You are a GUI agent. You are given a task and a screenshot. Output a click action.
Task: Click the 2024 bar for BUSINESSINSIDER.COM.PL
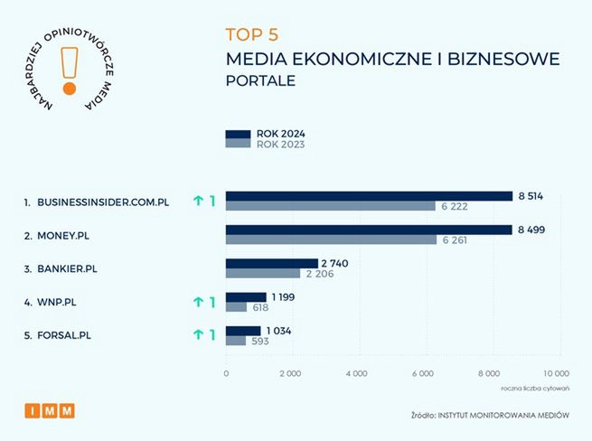tap(369, 196)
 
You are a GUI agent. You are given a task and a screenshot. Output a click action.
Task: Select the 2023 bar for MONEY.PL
tap(331, 240)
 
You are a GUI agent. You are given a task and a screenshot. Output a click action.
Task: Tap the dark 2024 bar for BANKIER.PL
tap(271, 263)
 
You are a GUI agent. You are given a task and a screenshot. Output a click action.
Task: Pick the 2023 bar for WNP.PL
tap(235, 307)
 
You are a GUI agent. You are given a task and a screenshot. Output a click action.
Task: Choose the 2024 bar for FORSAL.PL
tap(242, 331)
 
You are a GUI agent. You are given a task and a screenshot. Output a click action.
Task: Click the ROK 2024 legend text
tap(281, 134)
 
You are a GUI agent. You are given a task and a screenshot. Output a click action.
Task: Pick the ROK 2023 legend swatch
tap(238, 144)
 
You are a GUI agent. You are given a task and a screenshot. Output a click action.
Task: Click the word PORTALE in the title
tap(260, 81)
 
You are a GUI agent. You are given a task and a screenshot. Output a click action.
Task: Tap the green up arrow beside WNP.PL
tap(198, 302)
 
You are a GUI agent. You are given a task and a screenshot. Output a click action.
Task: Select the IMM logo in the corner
tap(50, 410)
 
